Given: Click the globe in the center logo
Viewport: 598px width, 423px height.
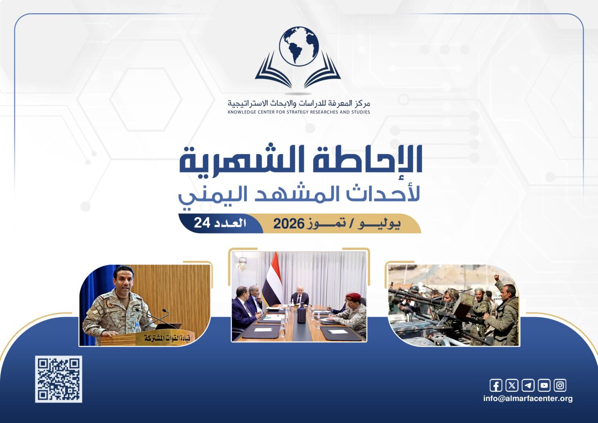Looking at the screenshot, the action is click(x=299, y=46).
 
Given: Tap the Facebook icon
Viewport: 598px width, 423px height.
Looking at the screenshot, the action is click(x=496, y=385).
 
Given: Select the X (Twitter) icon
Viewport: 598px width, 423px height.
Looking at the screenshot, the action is click(x=512, y=385).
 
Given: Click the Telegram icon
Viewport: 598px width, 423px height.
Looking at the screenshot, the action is click(x=528, y=385).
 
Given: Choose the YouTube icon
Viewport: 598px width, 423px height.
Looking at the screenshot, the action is click(x=544, y=385).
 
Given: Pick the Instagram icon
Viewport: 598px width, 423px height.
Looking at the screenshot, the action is click(x=560, y=385).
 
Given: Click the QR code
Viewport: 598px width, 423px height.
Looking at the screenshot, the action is click(x=58, y=379).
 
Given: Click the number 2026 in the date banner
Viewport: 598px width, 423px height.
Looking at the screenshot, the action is click(x=289, y=223).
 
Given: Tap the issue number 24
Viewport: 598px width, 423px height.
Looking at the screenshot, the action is click(x=202, y=223).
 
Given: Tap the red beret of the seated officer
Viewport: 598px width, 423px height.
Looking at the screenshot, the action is click(x=352, y=296).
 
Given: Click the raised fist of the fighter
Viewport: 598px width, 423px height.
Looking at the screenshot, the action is click(x=496, y=277).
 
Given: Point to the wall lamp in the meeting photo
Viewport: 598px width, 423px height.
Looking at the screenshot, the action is click(x=242, y=263).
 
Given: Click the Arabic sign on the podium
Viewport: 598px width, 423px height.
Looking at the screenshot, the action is click(x=167, y=338).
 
